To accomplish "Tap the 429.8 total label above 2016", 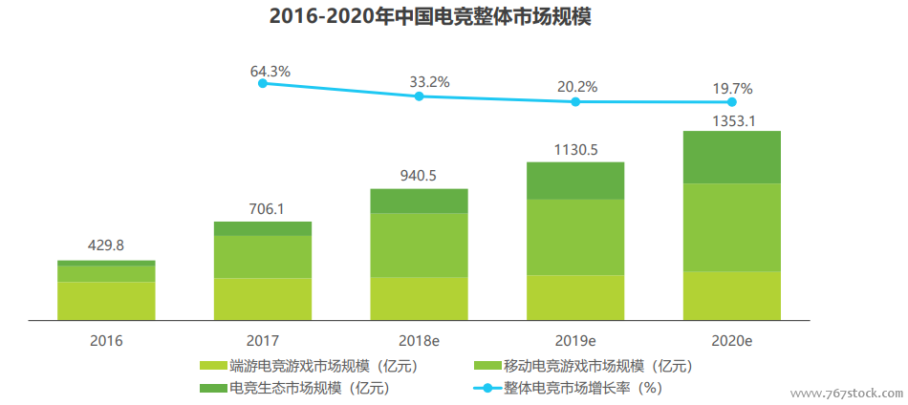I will [106, 245].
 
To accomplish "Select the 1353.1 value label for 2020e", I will [732, 121].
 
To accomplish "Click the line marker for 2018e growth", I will [419, 96].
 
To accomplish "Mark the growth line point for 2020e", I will [732, 101].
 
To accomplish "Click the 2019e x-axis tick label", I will [576, 339].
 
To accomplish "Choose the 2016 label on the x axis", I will [106, 339].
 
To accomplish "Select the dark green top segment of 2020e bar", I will [732, 157].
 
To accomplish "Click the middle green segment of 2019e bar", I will [575, 237].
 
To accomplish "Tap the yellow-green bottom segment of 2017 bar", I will [263, 298].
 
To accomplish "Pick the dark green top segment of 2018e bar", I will [419, 201].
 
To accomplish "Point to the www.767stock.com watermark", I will [846, 393].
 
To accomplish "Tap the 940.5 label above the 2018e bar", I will [419, 175].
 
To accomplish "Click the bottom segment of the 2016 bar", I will [106, 300].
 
